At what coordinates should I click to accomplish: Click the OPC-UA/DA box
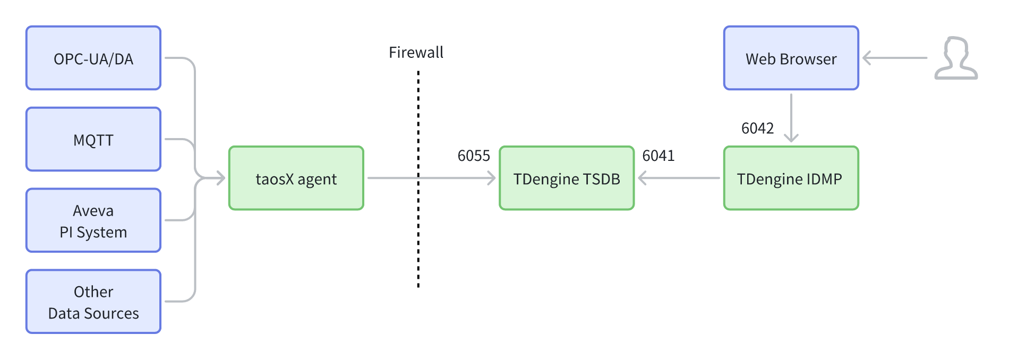coord(93,58)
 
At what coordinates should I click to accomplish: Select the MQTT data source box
coord(93,140)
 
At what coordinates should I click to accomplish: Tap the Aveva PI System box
coord(93,220)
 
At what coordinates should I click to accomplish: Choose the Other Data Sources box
coord(93,302)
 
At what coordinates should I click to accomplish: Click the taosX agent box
coord(296,178)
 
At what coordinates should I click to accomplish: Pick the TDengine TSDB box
coord(567,178)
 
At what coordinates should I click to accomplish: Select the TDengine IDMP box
coord(791,178)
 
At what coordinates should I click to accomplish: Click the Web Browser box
coord(791,58)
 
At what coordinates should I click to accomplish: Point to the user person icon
coord(956,58)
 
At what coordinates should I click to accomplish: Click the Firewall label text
coord(416,52)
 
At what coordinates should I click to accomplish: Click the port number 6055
coord(474,156)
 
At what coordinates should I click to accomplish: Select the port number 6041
coord(659,156)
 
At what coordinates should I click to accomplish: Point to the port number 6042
coord(757,128)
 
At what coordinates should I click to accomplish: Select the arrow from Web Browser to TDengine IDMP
coord(791,117)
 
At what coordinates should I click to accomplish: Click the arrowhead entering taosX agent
coord(221,178)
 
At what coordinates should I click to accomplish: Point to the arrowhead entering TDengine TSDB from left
coord(491,178)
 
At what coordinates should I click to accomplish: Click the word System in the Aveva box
coord(102,232)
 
